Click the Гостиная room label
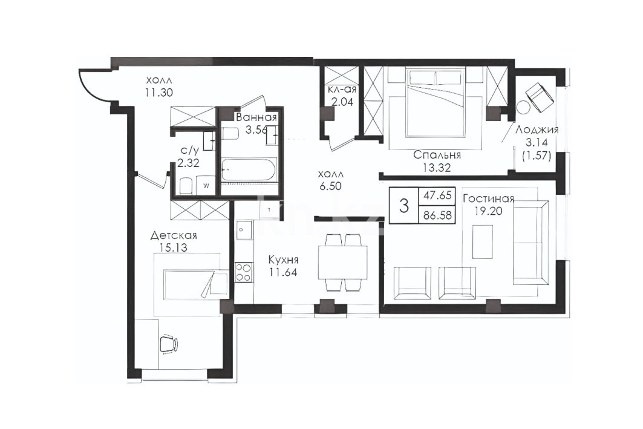tap(488, 199)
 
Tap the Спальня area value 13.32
tap(437, 168)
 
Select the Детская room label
tap(174, 235)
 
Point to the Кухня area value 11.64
tap(283, 272)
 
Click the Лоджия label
tap(537, 130)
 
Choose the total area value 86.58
tap(437, 214)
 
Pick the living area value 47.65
tap(437, 195)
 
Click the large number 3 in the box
tap(404, 205)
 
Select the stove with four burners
tap(243, 272)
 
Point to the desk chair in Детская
tap(168, 343)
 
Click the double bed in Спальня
tap(435, 102)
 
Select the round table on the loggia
tap(523, 108)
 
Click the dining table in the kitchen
tap(342, 262)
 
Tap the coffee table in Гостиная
tap(482, 241)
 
